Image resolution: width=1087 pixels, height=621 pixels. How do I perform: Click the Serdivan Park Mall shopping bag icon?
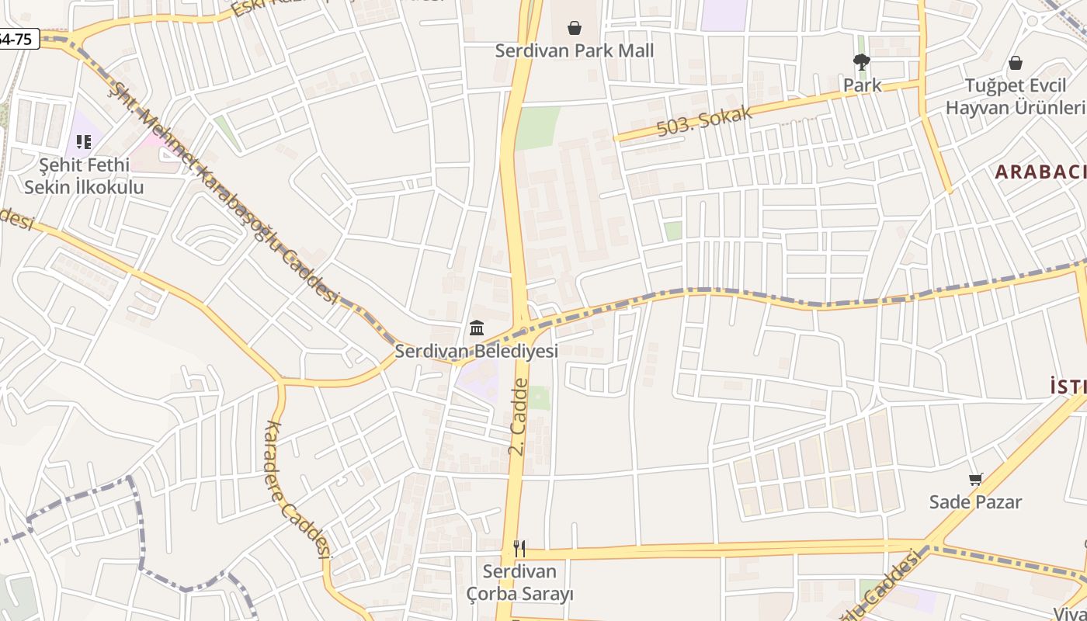click(575, 29)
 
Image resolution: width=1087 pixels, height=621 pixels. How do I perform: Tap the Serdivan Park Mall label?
click(575, 51)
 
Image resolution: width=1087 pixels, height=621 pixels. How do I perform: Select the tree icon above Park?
click(861, 62)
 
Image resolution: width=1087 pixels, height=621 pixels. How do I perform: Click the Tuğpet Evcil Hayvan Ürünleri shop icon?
click(1015, 63)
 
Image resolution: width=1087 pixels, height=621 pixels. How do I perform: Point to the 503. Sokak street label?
click(705, 122)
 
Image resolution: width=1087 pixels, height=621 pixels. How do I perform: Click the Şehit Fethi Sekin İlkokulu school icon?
click(84, 142)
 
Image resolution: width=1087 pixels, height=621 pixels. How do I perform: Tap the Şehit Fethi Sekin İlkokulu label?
click(84, 176)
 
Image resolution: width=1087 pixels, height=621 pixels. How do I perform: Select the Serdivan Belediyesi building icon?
click(477, 328)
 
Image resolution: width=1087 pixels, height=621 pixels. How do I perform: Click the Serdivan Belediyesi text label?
click(477, 352)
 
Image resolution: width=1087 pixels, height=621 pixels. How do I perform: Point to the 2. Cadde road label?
click(518, 417)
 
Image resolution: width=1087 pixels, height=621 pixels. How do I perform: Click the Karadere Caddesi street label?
click(298, 490)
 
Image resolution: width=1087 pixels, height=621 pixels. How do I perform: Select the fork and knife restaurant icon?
click(519, 549)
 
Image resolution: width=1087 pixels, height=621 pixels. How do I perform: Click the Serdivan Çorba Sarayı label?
click(520, 583)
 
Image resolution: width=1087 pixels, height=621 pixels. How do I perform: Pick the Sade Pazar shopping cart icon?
click(975, 480)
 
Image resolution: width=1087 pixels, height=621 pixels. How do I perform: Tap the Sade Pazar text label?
click(975, 502)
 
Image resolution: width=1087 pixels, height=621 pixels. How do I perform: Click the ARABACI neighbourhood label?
click(1040, 172)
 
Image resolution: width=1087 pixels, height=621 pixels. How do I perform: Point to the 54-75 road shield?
click(17, 39)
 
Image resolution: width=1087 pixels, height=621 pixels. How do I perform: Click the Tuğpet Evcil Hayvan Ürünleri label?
click(1016, 96)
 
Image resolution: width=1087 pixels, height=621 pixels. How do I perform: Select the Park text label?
click(862, 85)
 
